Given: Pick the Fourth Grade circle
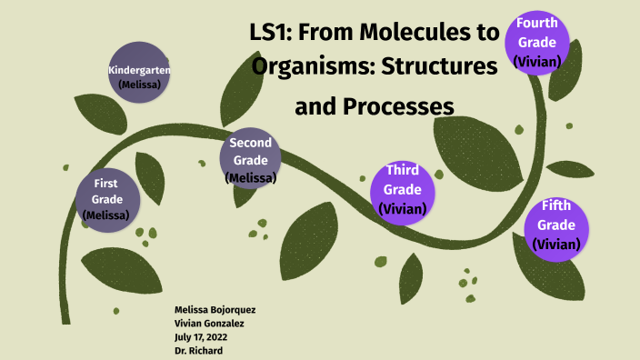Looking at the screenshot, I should point(537,41).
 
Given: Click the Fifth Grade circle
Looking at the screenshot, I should point(555,224).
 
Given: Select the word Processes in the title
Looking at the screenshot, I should point(397,106).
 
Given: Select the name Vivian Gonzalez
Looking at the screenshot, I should point(208,323).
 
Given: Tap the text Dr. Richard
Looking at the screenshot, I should point(197,349).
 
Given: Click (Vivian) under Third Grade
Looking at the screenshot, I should point(403,208).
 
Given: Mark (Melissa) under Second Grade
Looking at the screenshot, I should point(251,177).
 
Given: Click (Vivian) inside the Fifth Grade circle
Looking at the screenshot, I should point(555,243).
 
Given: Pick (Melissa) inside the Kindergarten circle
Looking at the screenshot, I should point(139,85).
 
